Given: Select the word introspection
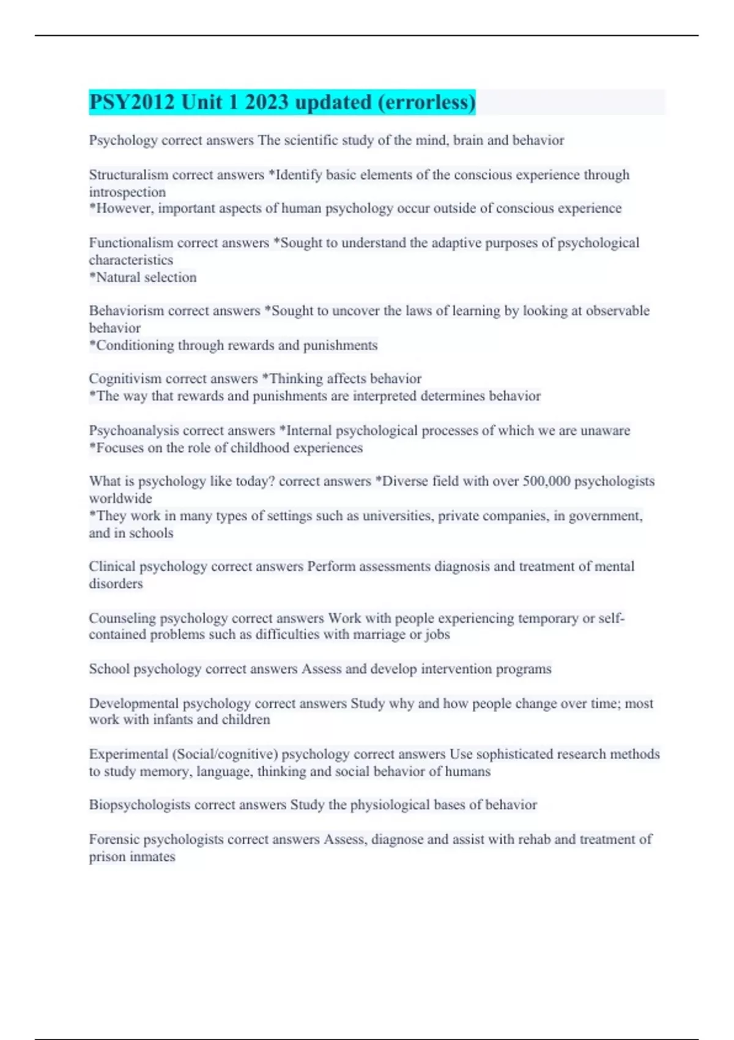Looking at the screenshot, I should click(x=127, y=192).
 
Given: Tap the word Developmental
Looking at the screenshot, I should click(x=133, y=704).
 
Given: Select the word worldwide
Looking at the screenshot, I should click(x=120, y=499).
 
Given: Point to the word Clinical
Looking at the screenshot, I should click(x=112, y=566).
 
